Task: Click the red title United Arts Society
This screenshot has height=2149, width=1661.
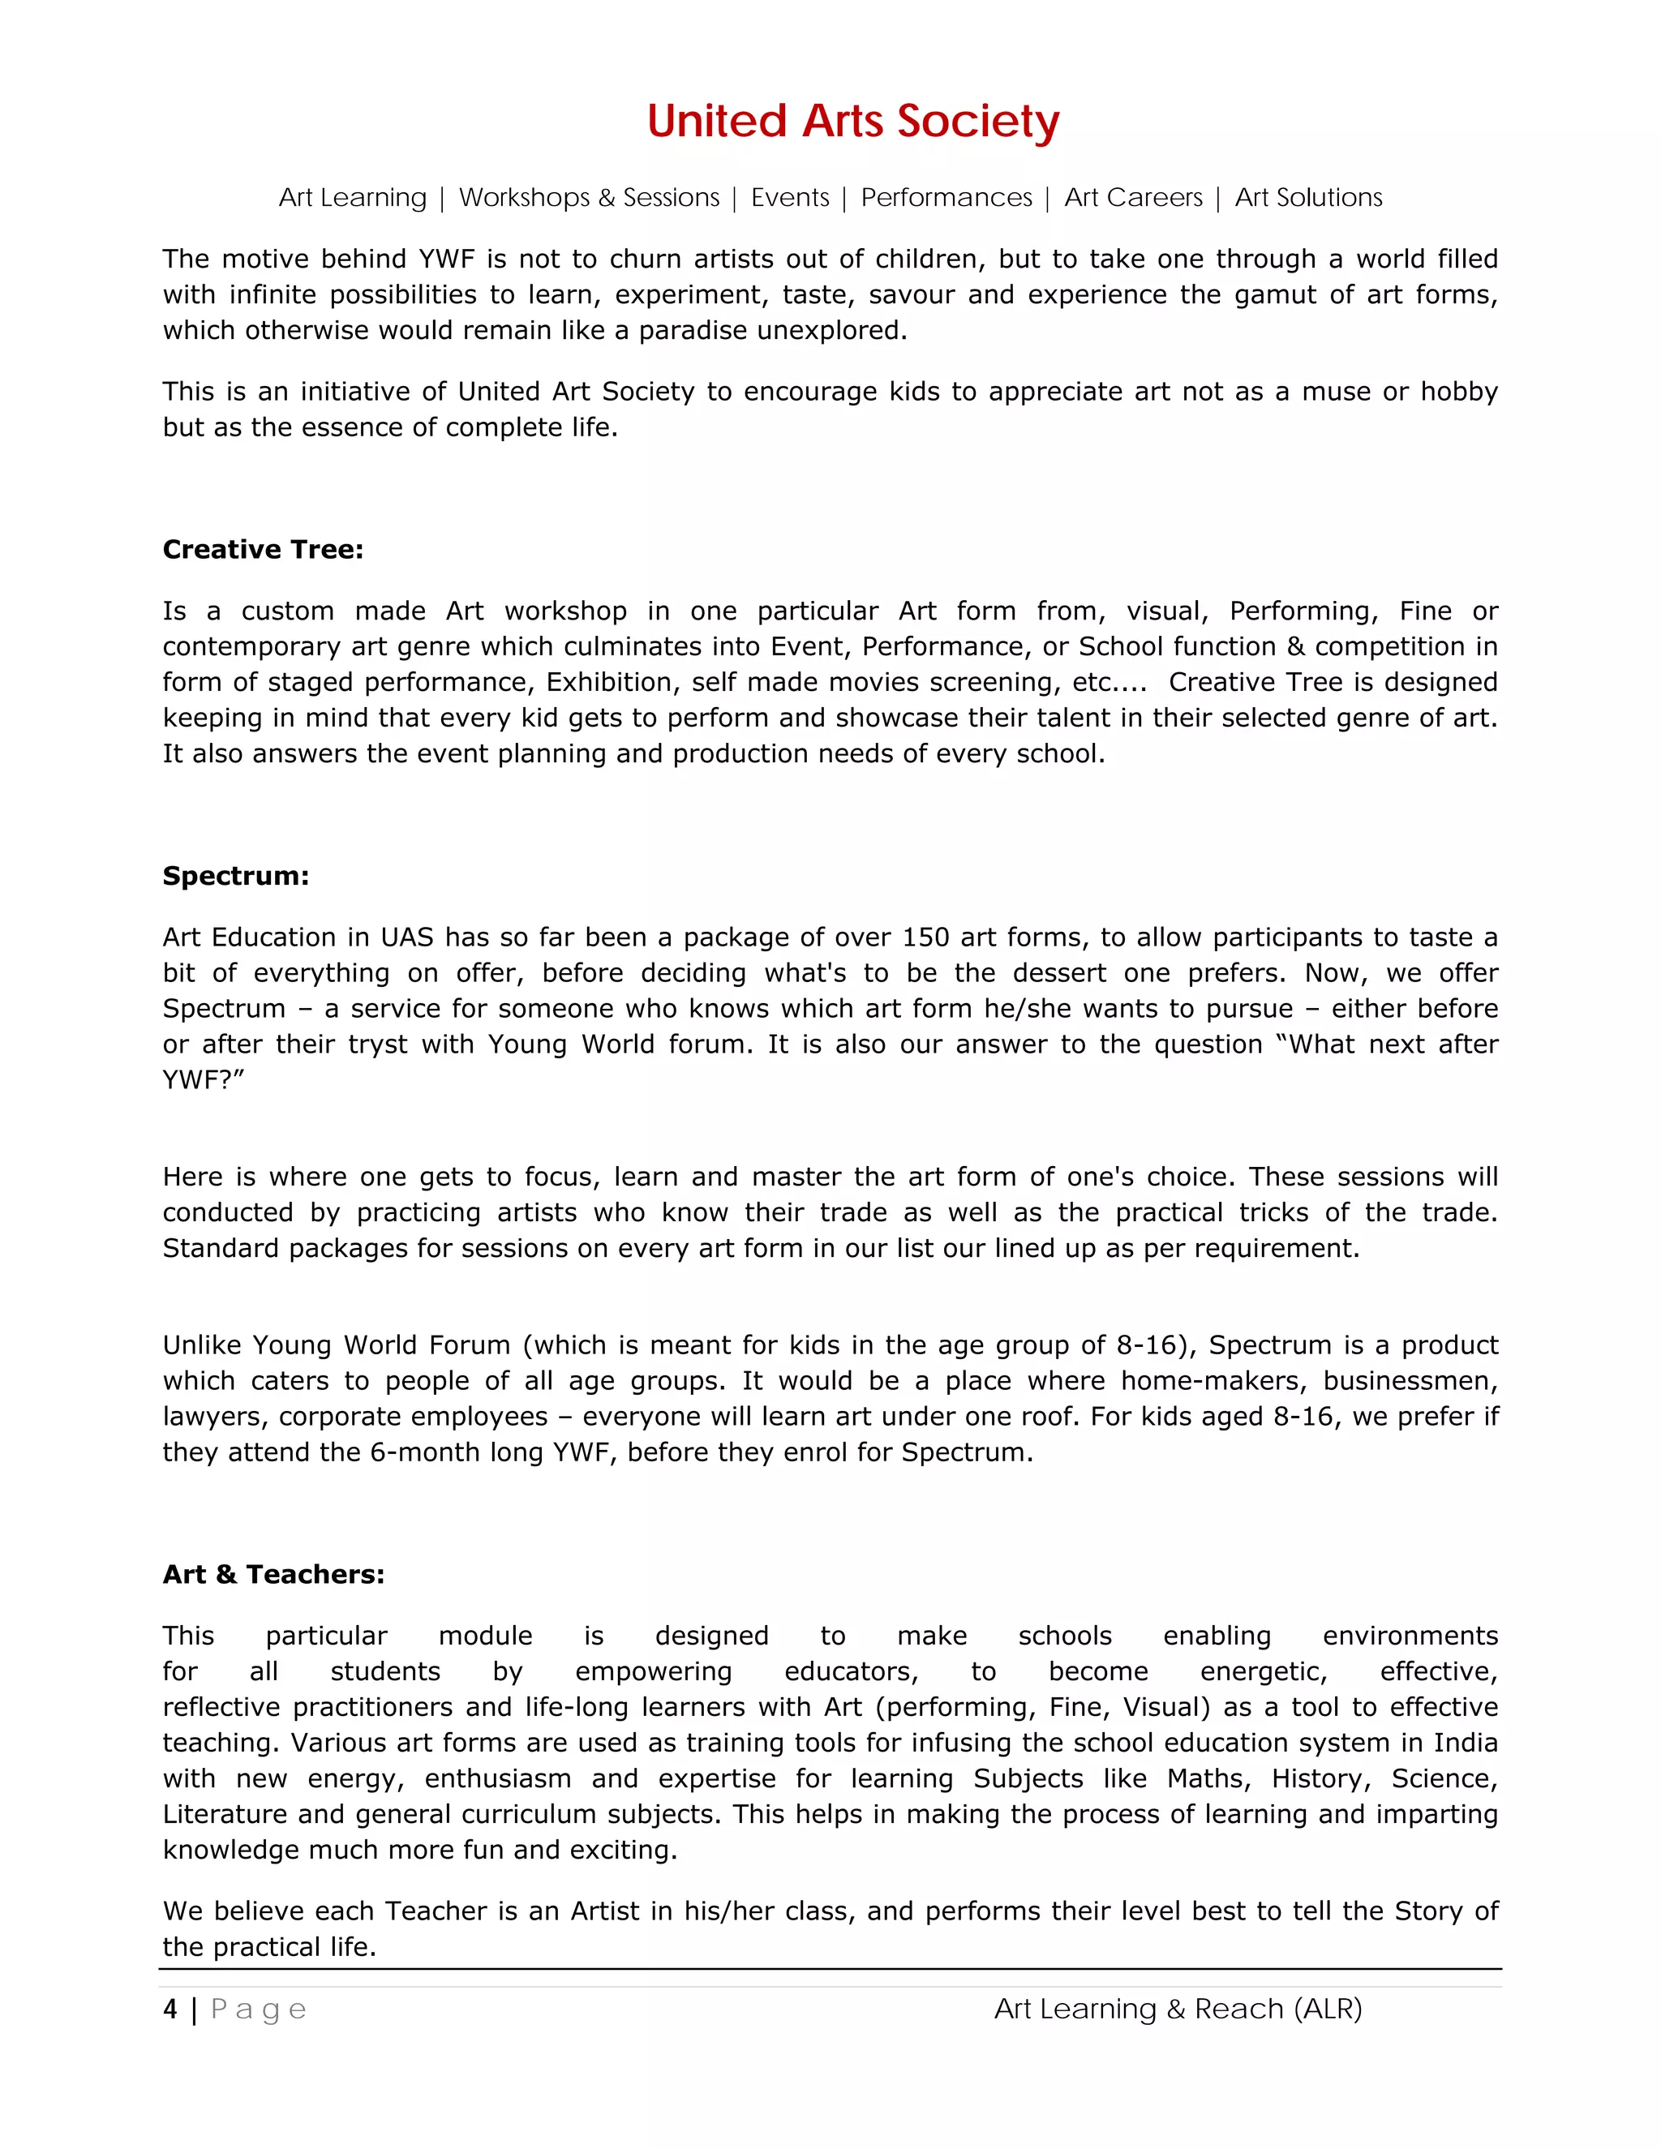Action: (852, 121)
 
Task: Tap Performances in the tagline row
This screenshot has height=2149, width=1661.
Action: (946, 198)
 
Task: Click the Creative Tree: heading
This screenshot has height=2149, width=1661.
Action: (263, 549)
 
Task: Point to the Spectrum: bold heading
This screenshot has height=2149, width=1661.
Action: (235, 876)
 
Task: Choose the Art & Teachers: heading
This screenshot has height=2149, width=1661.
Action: (273, 1574)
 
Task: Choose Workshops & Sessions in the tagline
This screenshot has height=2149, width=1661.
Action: (589, 198)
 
